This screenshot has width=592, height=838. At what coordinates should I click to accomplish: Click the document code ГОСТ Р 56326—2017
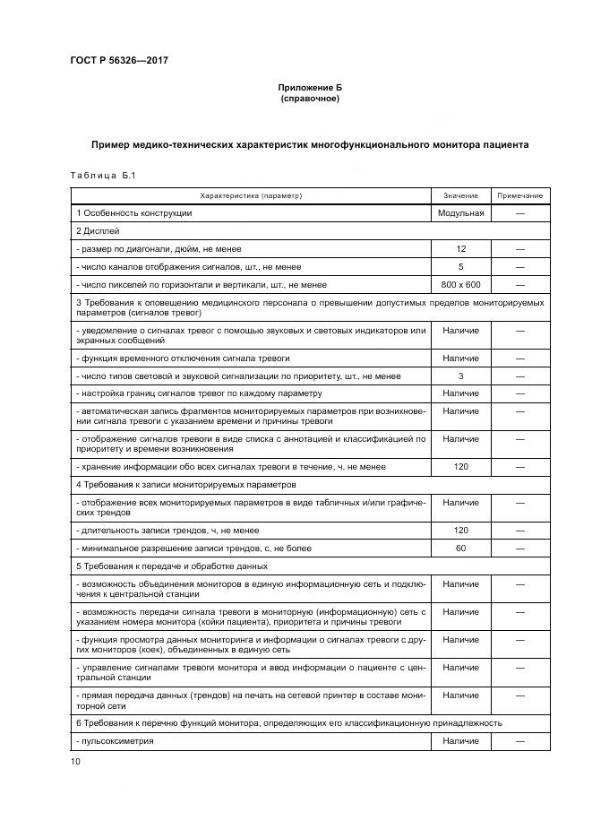(120, 61)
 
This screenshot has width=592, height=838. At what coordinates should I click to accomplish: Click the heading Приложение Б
(309, 88)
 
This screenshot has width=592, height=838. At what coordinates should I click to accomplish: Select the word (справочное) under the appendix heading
(309, 99)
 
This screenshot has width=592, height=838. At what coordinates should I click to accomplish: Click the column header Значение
(460, 195)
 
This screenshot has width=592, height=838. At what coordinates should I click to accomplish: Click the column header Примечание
(519, 195)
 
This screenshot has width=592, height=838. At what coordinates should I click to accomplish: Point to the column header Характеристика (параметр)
(251, 195)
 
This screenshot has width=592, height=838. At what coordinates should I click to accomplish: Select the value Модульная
(460, 213)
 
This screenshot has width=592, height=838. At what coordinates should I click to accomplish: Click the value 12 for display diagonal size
(460, 249)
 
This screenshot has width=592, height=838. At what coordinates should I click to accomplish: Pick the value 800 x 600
(460, 285)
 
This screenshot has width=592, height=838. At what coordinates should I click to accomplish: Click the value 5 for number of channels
(460, 267)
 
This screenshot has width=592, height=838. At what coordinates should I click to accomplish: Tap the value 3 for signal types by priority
(460, 376)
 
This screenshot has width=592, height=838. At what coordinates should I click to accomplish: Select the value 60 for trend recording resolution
(460, 548)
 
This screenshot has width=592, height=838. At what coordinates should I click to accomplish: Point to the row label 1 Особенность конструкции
(134, 213)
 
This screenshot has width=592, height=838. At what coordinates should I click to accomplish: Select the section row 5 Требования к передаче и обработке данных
(184, 566)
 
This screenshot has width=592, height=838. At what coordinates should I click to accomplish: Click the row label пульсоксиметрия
(116, 741)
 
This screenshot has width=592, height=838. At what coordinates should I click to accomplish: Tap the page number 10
(75, 761)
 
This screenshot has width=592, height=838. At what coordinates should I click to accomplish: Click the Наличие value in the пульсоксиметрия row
(460, 741)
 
